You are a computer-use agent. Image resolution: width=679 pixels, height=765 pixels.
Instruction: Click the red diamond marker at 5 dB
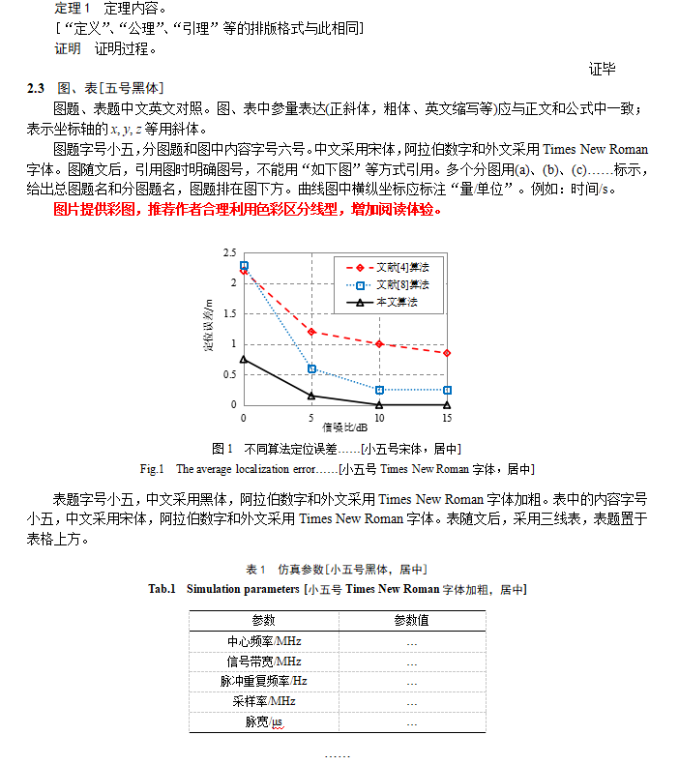click(x=311, y=332)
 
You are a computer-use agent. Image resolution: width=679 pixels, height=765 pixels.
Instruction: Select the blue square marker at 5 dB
click(x=311, y=368)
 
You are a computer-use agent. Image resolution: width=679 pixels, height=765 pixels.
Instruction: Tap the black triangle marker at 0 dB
click(x=244, y=360)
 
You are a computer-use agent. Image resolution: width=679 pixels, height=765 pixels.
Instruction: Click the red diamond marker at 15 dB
click(x=447, y=353)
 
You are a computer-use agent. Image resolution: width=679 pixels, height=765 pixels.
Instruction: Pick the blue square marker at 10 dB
click(x=379, y=390)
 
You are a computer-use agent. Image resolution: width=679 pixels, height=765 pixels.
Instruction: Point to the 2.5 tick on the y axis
click(x=229, y=253)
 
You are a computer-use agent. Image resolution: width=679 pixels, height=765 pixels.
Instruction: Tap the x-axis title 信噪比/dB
click(x=345, y=427)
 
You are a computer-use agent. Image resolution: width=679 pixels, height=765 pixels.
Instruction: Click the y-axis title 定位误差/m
click(x=208, y=329)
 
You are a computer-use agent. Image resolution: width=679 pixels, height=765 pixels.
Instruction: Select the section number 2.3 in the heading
click(x=37, y=88)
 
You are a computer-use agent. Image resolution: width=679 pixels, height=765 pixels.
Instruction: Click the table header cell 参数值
click(x=411, y=620)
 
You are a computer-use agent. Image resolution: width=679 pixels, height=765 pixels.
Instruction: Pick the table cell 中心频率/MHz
click(x=264, y=641)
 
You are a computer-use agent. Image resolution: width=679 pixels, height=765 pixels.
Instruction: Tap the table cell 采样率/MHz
click(x=264, y=701)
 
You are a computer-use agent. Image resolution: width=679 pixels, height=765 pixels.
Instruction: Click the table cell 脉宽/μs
click(x=264, y=721)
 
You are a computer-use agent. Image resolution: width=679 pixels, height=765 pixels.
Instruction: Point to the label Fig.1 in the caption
click(x=153, y=469)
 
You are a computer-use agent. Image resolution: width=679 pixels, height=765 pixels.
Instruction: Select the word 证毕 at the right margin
click(x=602, y=69)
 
